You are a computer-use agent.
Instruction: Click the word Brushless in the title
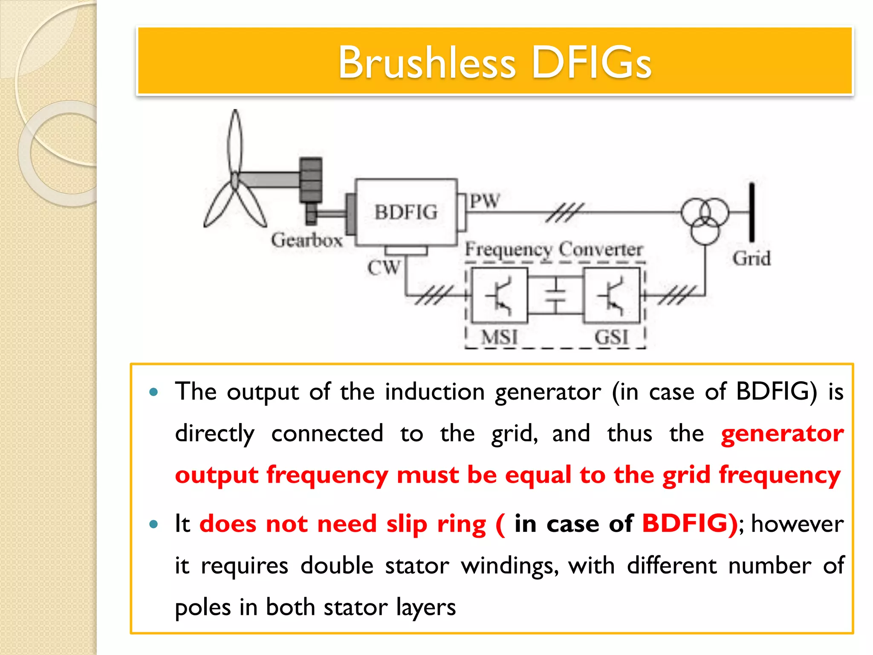[x=427, y=63]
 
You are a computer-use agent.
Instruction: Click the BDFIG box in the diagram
[x=406, y=212]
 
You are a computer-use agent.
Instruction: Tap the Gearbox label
[x=306, y=240]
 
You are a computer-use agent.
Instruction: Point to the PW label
[x=485, y=201]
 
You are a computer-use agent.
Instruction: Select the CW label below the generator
[x=384, y=268]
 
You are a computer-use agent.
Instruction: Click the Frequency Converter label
[x=553, y=249]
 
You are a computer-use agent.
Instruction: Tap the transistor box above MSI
[x=500, y=295]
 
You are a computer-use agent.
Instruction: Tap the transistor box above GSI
[x=611, y=295]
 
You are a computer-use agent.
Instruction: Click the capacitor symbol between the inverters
[x=555, y=295]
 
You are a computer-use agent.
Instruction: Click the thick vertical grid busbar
[x=752, y=212]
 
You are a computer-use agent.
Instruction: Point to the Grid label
[x=752, y=259]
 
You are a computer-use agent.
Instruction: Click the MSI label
[x=499, y=337]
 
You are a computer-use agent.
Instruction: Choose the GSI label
[x=611, y=337]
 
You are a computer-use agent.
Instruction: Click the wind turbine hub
[x=235, y=180]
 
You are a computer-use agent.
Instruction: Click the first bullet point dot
[x=154, y=392]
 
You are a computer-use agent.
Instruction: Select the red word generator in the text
[x=782, y=434]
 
